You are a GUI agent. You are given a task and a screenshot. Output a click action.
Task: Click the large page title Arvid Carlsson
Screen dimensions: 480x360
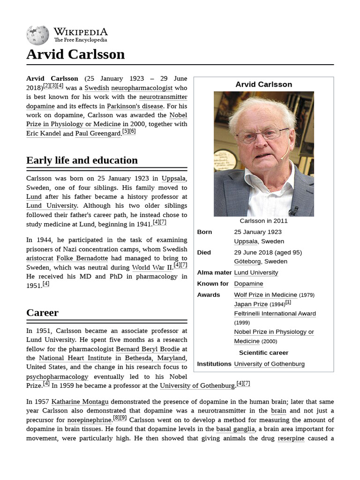point(75,54)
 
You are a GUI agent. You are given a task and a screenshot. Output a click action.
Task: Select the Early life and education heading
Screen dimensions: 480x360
point(82,160)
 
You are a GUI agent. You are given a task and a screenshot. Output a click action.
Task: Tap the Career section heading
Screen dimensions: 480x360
point(42,313)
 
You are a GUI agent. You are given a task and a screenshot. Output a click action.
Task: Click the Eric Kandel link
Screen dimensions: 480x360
point(44,134)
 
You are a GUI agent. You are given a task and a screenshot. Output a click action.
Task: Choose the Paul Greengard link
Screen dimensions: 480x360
point(98,134)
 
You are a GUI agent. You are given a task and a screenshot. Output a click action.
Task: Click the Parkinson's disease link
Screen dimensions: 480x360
point(135,106)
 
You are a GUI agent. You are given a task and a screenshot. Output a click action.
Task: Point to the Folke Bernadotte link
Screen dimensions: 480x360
point(82,258)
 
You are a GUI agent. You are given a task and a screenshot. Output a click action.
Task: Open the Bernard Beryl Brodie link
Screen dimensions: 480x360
point(148,349)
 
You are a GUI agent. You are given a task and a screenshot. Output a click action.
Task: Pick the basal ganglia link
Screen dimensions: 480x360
point(235,429)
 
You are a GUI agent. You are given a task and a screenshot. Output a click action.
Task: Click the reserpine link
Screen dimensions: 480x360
point(291,438)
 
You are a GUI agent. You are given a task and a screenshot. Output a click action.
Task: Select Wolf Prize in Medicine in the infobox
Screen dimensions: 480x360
point(265,295)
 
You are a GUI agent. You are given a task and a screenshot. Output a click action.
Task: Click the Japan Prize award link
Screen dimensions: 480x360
point(251,304)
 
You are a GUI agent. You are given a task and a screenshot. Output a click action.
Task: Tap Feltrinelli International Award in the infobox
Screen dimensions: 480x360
point(275,314)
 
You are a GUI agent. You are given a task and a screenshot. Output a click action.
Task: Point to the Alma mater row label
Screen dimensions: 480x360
point(214,272)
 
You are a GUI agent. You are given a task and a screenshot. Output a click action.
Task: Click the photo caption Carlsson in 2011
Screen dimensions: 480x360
point(263,221)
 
